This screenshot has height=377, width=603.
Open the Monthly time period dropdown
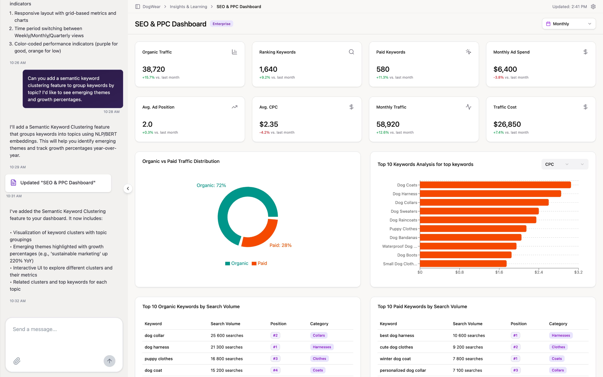point(569,24)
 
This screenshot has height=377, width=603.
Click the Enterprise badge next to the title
point(221,24)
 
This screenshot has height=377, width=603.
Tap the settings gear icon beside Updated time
point(593,6)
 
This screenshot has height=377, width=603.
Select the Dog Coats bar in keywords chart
point(495,185)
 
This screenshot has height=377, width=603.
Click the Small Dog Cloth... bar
point(463,264)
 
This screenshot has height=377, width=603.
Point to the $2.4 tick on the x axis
point(539,272)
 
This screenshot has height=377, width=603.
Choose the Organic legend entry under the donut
point(237,263)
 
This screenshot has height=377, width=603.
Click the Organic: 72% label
point(211,185)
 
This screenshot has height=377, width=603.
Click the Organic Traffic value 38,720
point(154,69)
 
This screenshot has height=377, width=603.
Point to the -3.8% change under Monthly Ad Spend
point(498,77)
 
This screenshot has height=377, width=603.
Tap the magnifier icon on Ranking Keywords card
point(351,52)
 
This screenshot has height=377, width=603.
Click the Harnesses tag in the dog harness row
point(322,347)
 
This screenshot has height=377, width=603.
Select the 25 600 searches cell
point(227,335)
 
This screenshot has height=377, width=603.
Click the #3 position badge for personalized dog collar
point(515,370)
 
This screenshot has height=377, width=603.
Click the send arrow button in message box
point(109,361)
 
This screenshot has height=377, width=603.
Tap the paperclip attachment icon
point(17,361)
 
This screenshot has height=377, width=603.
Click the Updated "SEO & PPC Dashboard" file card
point(58,183)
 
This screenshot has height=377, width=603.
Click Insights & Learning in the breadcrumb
point(188,6)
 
